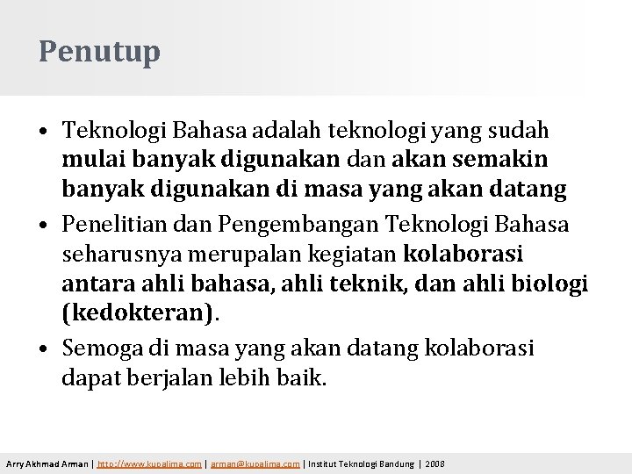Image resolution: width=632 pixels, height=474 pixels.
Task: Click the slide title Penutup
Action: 99,51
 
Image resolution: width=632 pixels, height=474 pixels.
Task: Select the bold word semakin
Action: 502,160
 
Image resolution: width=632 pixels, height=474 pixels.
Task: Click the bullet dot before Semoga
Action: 44,348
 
